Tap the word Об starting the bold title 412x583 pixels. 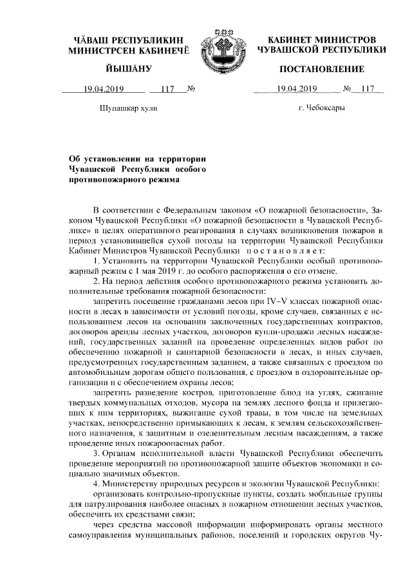77,157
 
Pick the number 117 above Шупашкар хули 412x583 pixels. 167,89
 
